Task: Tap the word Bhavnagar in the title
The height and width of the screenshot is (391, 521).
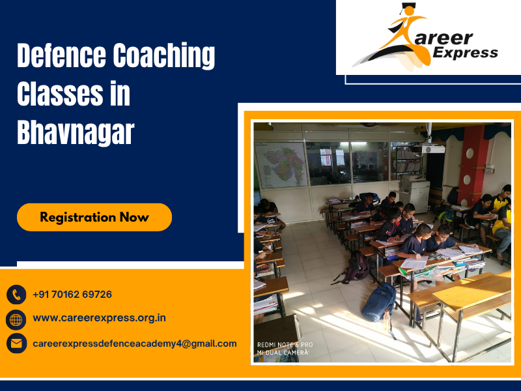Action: point(75,132)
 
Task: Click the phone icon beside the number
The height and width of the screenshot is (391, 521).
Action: point(16,295)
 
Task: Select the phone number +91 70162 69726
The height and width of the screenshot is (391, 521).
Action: point(72,295)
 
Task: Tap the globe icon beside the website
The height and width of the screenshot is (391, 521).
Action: point(16,319)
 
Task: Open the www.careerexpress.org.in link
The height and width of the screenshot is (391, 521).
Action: point(99,319)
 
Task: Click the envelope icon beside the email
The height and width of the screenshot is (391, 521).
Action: point(16,343)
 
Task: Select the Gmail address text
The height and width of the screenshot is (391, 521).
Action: point(135,343)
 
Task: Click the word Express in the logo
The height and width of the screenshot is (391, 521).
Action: point(466,53)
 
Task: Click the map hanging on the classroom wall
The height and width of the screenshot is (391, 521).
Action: point(281,164)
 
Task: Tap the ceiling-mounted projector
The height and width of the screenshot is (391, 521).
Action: point(433,149)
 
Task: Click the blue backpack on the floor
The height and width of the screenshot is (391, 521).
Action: point(379,302)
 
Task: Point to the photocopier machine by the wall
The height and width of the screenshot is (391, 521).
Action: point(414,192)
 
